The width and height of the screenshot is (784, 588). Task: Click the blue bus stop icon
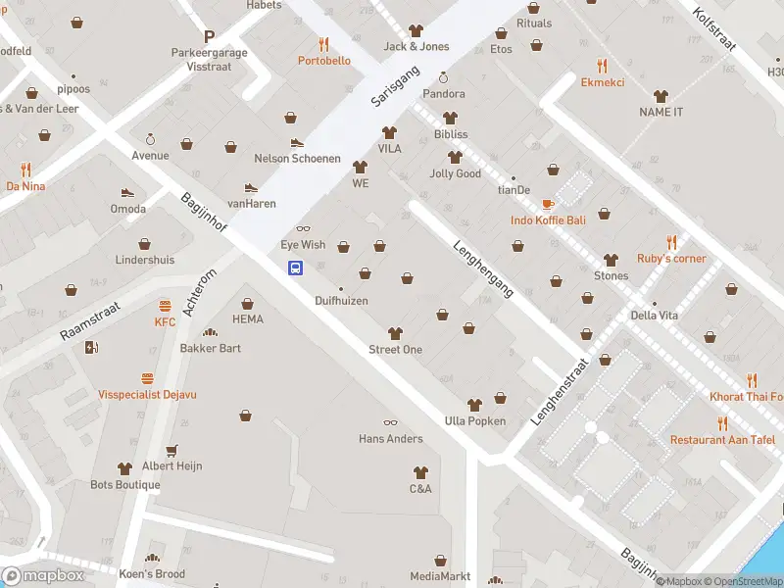[294, 268]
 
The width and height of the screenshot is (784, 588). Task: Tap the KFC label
[165, 321]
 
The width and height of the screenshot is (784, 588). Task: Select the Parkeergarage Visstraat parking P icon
[209, 35]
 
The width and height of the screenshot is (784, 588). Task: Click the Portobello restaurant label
[323, 61]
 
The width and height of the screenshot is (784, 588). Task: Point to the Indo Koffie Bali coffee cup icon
[548, 204]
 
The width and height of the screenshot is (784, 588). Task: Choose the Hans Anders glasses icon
[390, 422]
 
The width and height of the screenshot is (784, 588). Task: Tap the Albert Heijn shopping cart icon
[171, 450]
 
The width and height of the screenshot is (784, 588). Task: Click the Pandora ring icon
[443, 77]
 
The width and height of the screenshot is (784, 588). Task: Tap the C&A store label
[420, 489]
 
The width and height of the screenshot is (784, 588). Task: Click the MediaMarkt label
[440, 576]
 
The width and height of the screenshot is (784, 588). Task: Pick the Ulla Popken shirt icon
[474, 405]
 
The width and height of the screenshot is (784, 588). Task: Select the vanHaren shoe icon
[251, 187]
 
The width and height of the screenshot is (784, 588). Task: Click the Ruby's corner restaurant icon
[671, 241]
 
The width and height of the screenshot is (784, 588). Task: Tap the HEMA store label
[248, 319]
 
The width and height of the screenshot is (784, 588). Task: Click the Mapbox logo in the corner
[43, 576]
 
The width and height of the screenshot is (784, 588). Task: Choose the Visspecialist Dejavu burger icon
[147, 378]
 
